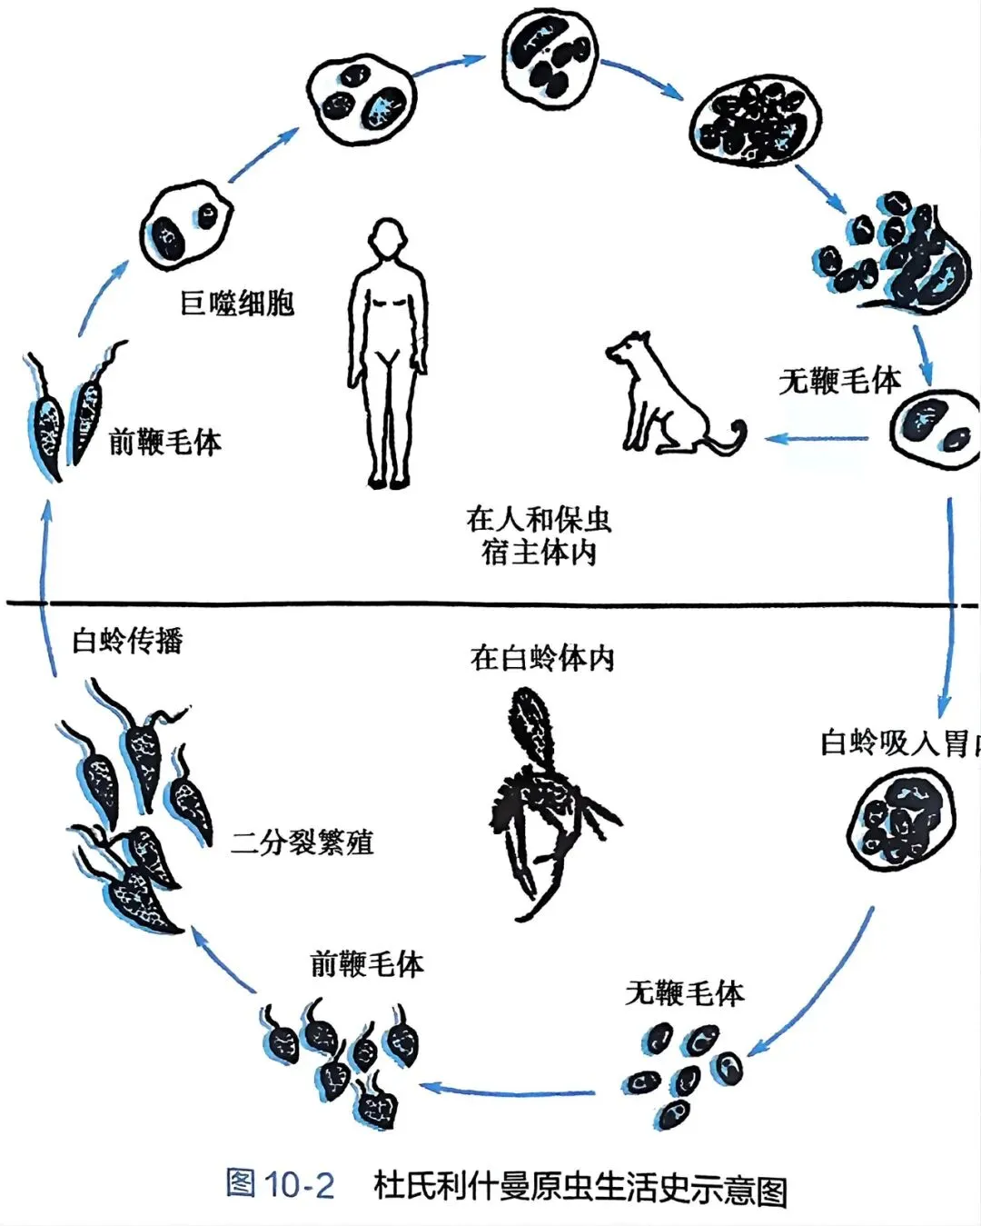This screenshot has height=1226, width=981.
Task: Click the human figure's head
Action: pos(388,238)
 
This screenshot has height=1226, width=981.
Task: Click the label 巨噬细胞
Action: pos(237,303)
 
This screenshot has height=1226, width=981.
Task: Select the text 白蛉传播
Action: pos(127,641)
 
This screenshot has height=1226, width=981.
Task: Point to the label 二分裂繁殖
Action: pos(302,842)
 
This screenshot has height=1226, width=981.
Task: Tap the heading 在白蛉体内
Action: pos(542,657)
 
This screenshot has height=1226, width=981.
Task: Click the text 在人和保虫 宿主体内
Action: pos(539,535)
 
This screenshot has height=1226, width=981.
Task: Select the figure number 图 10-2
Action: pos(280,1183)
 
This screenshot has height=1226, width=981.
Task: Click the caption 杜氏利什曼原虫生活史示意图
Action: pos(580,1187)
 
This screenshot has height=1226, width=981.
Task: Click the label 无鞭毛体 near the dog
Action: pos(839,380)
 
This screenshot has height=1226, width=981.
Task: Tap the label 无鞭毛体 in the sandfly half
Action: pos(684,992)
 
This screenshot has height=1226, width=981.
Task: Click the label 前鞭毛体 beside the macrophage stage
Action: pos(164,442)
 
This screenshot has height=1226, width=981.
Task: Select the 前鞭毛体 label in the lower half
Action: pos(367,963)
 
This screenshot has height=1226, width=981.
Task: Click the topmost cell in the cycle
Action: pos(550,56)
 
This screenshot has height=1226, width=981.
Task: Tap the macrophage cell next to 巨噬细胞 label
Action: pos(186,225)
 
